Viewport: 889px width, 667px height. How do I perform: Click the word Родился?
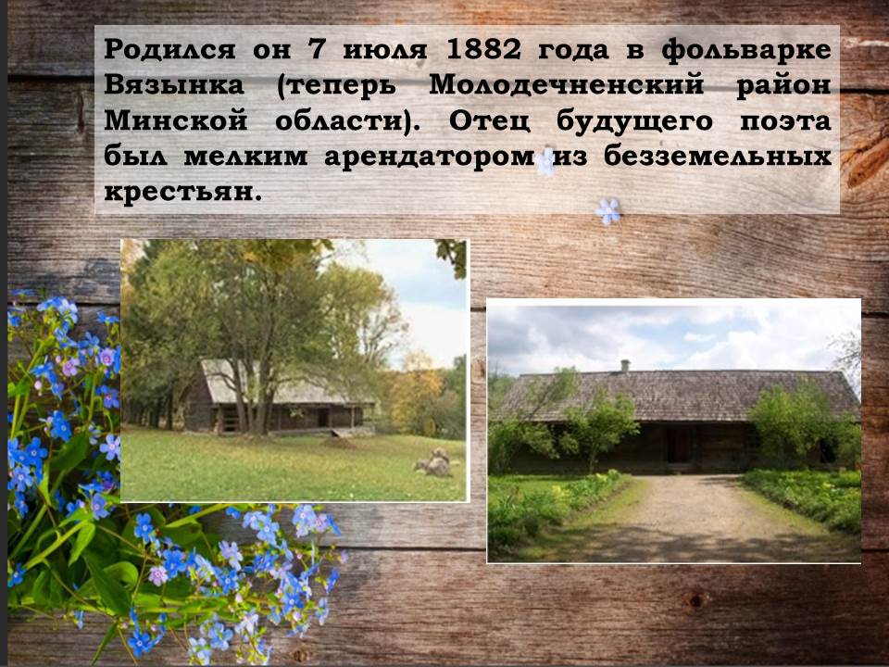tap(169, 50)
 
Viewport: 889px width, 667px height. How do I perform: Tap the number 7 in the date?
tap(316, 50)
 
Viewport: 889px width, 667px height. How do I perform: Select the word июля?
tap(385, 50)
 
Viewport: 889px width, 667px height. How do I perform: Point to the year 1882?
tap(483, 50)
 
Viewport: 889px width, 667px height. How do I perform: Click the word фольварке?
tap(746, 50)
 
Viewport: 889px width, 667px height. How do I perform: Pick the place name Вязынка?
tap(174, 85)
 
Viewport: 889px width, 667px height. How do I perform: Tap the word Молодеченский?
tap(567, 86)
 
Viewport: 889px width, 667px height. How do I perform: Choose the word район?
tap(783, 86)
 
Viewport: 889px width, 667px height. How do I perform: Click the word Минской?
tap(176, 121)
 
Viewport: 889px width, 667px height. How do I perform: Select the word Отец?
tap(490, 121)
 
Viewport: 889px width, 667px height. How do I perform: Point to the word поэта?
tap(785, 122)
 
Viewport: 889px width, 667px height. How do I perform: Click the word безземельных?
tap(717, 157)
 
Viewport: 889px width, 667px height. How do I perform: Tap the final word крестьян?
tap(183, 193)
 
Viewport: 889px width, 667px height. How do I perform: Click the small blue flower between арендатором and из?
tap(545, 161)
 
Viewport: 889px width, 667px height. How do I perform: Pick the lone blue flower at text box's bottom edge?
tap(607, 211)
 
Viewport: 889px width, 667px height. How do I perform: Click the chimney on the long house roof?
tap(625, 366)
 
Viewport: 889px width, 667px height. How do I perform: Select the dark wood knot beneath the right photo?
tap(695, 599)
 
